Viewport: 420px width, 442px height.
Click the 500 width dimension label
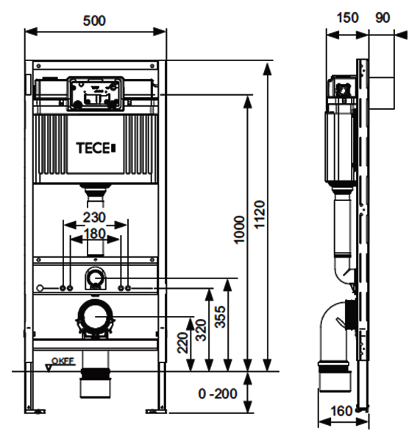94,21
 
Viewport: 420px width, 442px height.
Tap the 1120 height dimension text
259,214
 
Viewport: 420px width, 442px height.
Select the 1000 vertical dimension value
239,230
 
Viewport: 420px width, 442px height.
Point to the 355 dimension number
220,317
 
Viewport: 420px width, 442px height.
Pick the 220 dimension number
182,343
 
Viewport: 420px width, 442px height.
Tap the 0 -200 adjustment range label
218,393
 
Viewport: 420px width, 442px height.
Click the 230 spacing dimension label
94,217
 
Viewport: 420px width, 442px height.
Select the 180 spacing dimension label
94,234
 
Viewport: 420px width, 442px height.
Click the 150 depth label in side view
348,18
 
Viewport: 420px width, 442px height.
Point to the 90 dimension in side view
382,18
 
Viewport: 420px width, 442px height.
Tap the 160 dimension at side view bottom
341,411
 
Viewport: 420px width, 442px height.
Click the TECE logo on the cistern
96,148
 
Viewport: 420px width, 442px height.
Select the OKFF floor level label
63,361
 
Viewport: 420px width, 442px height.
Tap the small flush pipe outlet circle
95,278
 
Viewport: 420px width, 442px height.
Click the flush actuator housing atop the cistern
96,94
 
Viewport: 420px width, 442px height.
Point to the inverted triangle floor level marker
49,368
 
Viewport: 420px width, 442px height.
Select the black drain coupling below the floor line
94,373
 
